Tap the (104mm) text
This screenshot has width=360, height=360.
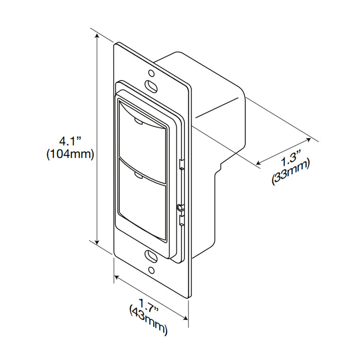pos(70,154)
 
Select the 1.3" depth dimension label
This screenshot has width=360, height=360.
pos(291,158)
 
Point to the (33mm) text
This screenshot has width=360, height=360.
pos(291,172)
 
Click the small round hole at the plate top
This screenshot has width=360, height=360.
pos(151,73)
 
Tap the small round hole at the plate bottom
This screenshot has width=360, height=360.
pos(152,270)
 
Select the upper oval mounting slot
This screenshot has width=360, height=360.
pos(151,86)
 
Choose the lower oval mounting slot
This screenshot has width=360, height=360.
pos(151,257)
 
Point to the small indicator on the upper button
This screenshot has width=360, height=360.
pos(139,121)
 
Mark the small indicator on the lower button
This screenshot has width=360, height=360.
pos(138,176)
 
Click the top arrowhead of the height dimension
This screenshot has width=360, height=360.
pos(97,35)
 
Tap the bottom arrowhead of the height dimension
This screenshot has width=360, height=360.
pos(97,242)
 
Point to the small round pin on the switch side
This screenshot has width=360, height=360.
pos(179,207)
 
